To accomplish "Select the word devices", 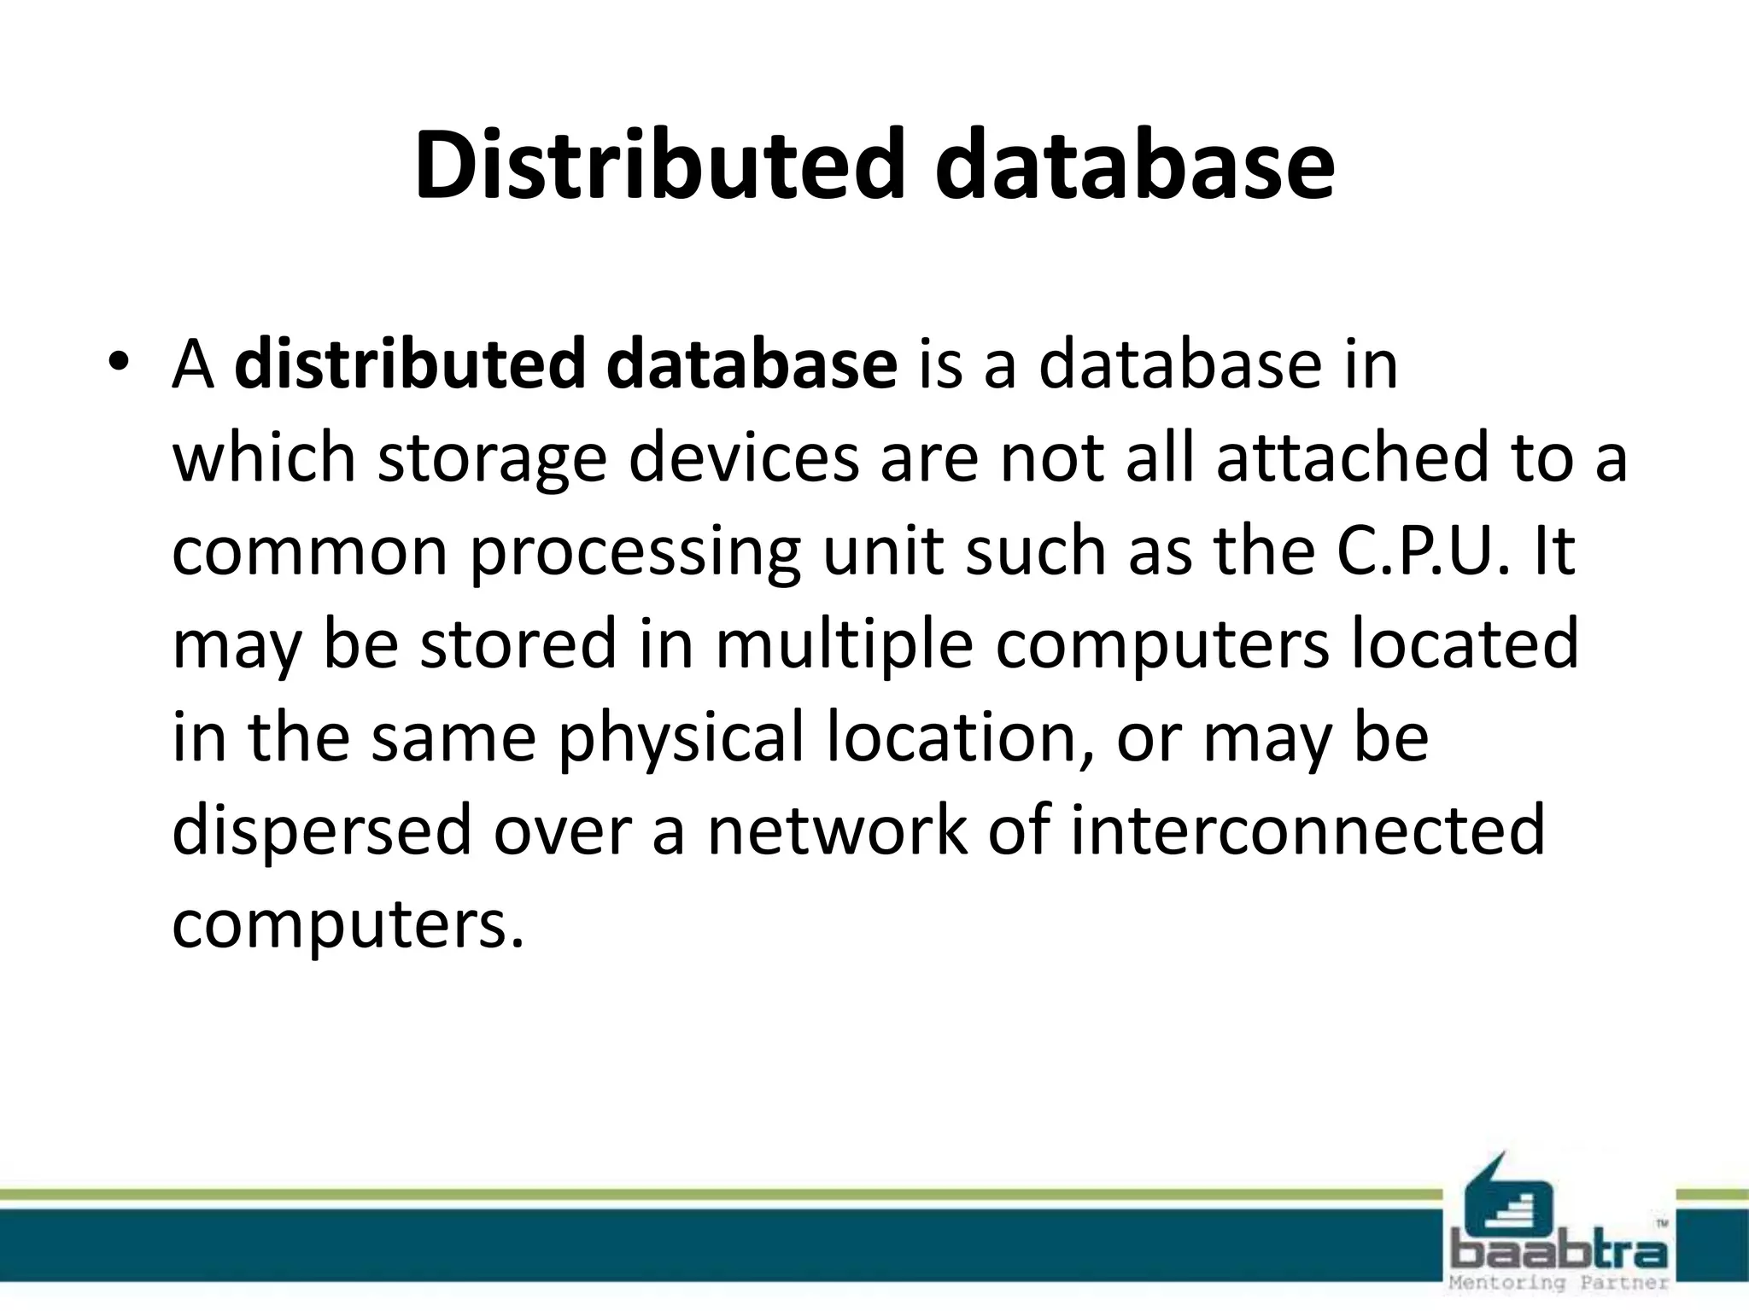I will point(744,457).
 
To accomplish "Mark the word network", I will point(837,830).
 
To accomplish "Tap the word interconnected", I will point(1307,830).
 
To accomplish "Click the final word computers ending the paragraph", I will point(347,924).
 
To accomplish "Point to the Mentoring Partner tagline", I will point(1559,1283).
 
